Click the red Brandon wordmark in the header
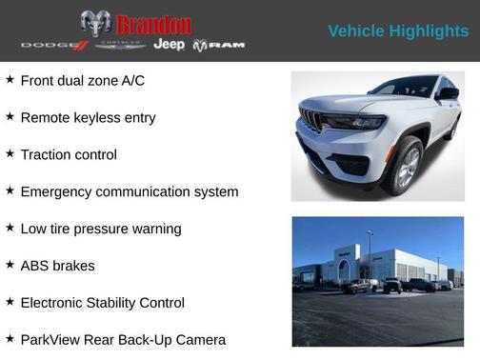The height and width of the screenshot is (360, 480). (x=153, y=24)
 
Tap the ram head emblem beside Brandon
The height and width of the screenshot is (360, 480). (x=95, y=24)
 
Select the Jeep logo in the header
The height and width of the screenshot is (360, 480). (x=170, y=45)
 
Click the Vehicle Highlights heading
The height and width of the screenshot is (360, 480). (x=398, y=31)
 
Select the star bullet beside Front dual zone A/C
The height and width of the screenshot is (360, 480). (x=10, y=80)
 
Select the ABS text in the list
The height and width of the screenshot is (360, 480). (x=35, y=266)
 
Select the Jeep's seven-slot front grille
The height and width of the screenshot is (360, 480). (x=311, y=120)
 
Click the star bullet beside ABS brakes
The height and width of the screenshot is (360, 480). (x=10, y=266)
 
